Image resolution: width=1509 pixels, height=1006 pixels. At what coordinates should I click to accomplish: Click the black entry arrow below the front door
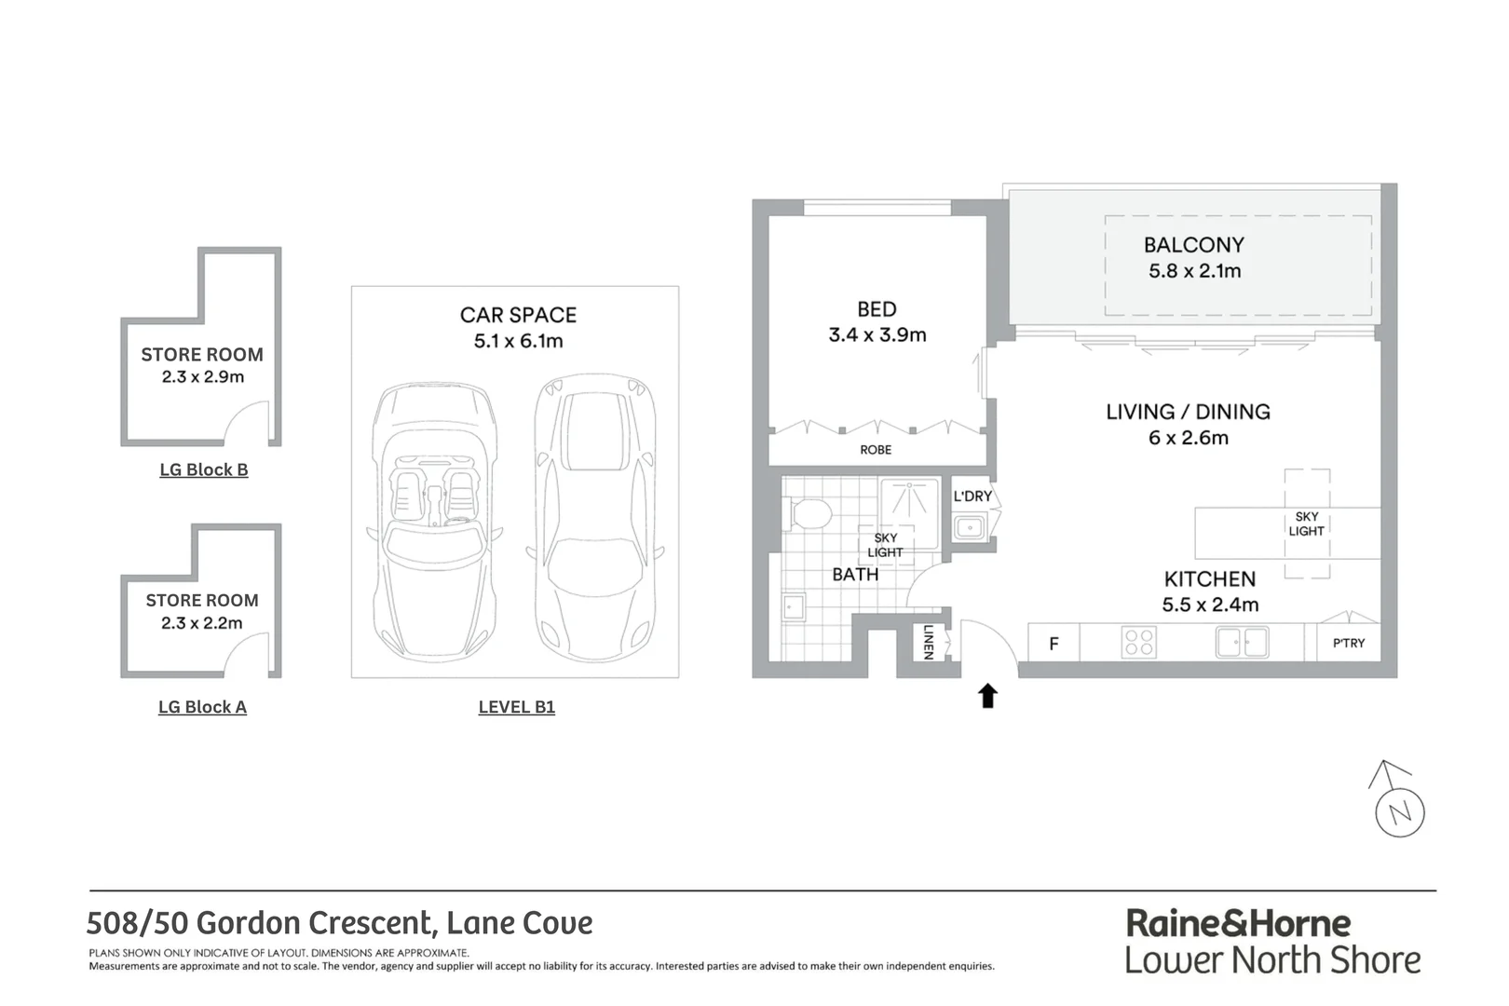coord(987,696)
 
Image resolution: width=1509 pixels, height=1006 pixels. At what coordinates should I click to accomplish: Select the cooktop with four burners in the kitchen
coord(1138,642)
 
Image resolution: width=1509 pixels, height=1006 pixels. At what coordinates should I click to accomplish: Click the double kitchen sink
coord(1242,642)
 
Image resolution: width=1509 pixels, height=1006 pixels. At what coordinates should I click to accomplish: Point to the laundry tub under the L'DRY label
coord(970,528)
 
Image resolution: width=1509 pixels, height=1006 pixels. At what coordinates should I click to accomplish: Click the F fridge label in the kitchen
coord(1054,643)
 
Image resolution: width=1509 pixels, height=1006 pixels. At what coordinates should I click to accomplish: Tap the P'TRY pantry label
coord(1348,643)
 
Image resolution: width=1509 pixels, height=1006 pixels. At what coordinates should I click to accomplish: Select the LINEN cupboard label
coord(928,641)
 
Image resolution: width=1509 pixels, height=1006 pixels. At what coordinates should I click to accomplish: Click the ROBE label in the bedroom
coord(875,450)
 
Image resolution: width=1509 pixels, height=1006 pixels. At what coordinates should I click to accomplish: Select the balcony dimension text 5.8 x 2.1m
coord(1194,271)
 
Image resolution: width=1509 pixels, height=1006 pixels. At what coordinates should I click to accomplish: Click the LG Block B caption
coord(203,469)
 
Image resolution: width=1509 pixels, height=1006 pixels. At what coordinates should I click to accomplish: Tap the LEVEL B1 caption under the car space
coord(516,707)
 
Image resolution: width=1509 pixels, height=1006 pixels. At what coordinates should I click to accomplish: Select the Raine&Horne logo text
coord(1238,923)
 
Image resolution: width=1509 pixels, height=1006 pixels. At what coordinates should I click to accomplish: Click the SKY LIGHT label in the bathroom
coord(885,545)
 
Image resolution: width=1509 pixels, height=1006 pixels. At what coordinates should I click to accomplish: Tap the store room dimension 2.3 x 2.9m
coord(202,377)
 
